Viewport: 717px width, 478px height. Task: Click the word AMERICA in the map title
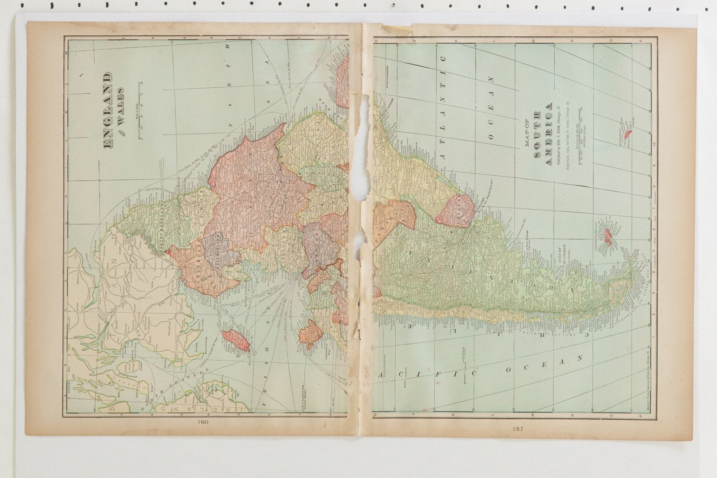[x=548, y=134]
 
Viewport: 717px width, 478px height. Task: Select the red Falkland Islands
[x=608, y=236]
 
